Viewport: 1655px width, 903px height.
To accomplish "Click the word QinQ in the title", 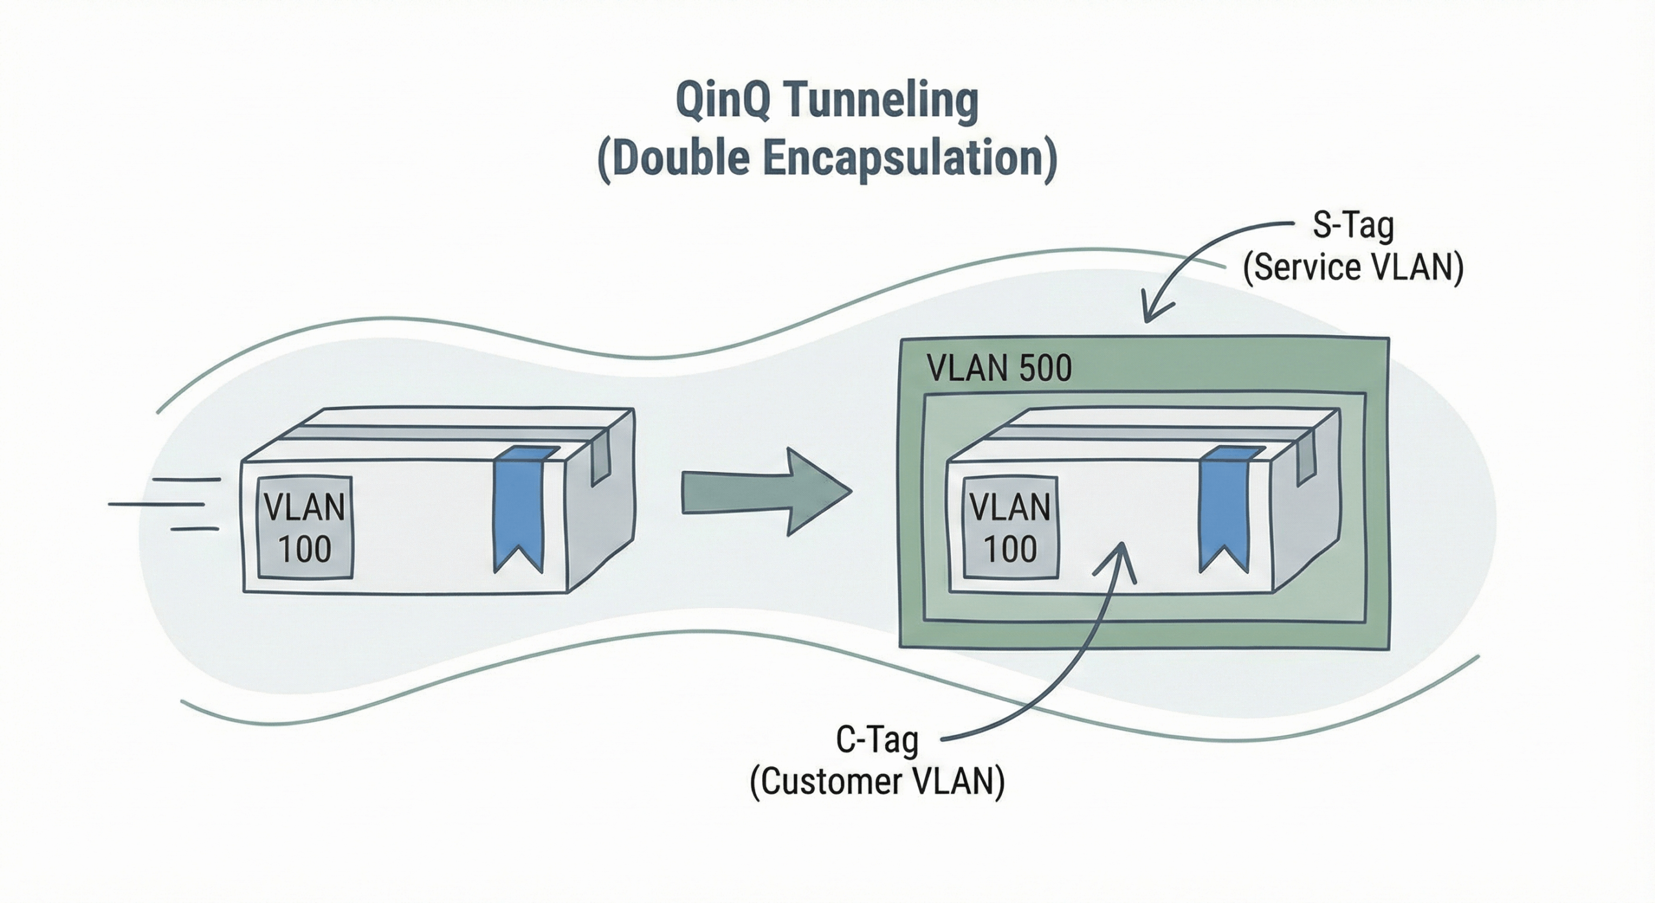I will tap(723, 102).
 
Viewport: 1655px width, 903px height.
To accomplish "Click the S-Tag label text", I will tap(1352, 226).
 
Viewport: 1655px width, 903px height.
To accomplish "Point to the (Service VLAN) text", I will tap(1353, 267).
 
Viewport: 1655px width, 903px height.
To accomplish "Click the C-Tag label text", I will tap(877, 740).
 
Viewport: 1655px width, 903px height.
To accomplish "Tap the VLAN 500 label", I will tap(999, 369).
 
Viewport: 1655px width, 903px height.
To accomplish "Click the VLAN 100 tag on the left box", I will tap(304, 527).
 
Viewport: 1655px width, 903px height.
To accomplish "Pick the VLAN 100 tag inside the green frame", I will tap(1010, 527).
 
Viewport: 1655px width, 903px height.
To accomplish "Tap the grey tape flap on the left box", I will tap(601, 459).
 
